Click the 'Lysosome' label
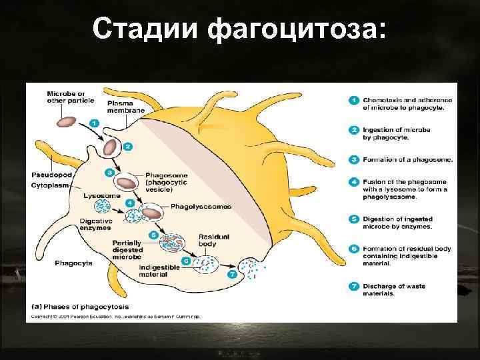tap(102, 196)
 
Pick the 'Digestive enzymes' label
tap(95, 223)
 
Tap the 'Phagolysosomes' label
tap(201, 207)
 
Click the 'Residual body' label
tap(213, 240)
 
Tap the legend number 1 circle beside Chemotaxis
tap(354, 100)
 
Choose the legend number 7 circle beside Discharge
tap(354, 287)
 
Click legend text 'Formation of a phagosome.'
tap(407, 159)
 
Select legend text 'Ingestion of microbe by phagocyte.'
tap(397, 133)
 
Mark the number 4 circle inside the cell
tap(131, 203)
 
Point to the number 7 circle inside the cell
tap(232, 274)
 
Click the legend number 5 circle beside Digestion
tap(354, 219)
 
